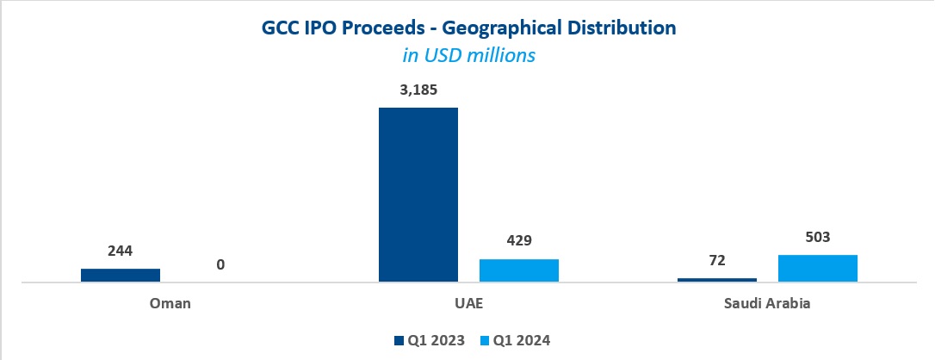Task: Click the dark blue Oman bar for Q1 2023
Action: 121,275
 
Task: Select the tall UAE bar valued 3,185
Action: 418,195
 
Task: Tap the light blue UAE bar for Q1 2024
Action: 519,270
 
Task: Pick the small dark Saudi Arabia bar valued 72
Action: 717,279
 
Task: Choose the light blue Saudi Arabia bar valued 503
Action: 818,268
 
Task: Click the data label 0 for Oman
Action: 220,265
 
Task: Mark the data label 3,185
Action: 418,90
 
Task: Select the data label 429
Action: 519,242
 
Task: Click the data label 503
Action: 818,238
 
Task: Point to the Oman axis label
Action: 170,303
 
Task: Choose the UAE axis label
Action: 468,303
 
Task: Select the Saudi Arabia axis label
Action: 767,303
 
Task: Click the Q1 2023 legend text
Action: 436,340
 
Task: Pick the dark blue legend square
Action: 399,340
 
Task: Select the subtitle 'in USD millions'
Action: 468,55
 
